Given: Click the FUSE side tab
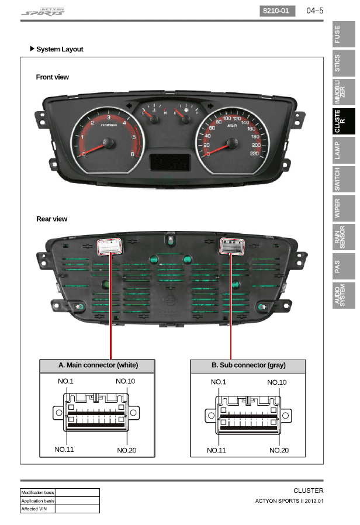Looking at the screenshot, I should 344,35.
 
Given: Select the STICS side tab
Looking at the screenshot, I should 344,63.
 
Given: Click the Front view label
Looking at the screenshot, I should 53,77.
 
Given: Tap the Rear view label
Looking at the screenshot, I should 52,219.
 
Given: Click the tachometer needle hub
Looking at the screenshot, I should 108,142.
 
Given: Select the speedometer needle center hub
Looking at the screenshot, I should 232,142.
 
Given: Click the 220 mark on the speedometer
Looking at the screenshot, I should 254,153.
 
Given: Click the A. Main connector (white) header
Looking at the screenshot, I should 98,365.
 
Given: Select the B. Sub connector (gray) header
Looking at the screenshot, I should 248,365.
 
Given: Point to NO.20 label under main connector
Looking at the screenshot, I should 127,450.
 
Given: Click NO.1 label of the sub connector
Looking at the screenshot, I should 219,382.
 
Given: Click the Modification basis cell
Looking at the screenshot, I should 38,493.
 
